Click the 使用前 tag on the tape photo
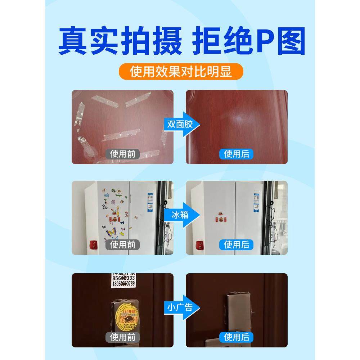pyautogui.click(x=123, y=154)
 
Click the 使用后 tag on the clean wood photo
pyautogui.click(x=237, y=154)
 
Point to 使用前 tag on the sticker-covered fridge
pyautogui.click(x=123, y=245)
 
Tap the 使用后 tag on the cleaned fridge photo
pyautogui.click(x=237, y=245)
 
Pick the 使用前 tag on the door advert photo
pyautogui.click(x=123, y=337)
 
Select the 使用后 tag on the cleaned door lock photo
pyautogui.click(x=237, y=337)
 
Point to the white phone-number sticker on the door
pyautogui.click(x=122, y=280)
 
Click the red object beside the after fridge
pyautogui.click(x=199, y=246)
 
